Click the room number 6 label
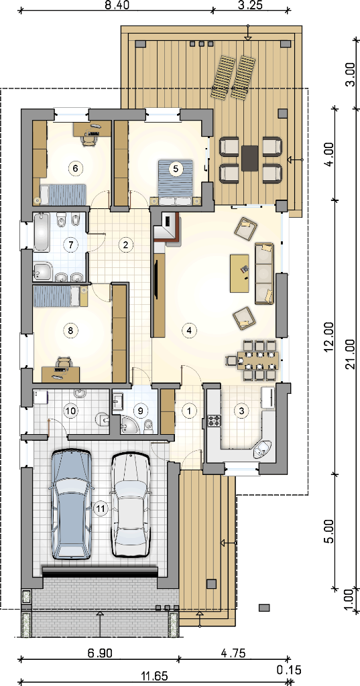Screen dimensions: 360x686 click(x=75, y=167)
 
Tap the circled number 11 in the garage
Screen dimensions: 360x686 click(x=101, y=508)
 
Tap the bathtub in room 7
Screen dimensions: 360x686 click(x=42, y=231)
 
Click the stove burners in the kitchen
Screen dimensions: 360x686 click(x=214, y=421)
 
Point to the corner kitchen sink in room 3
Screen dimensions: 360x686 click(x=263, y=449)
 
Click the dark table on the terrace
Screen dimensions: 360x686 click(x=249, y=158)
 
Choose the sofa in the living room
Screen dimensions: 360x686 click(x=264, y=273)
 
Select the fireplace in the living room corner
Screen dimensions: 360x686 click(x=170, y=227)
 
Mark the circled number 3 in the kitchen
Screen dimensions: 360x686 click(x=241, y=411)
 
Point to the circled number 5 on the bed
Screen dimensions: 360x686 click(x=176, y=168)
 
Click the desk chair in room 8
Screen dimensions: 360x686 click(x=64, y=361)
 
